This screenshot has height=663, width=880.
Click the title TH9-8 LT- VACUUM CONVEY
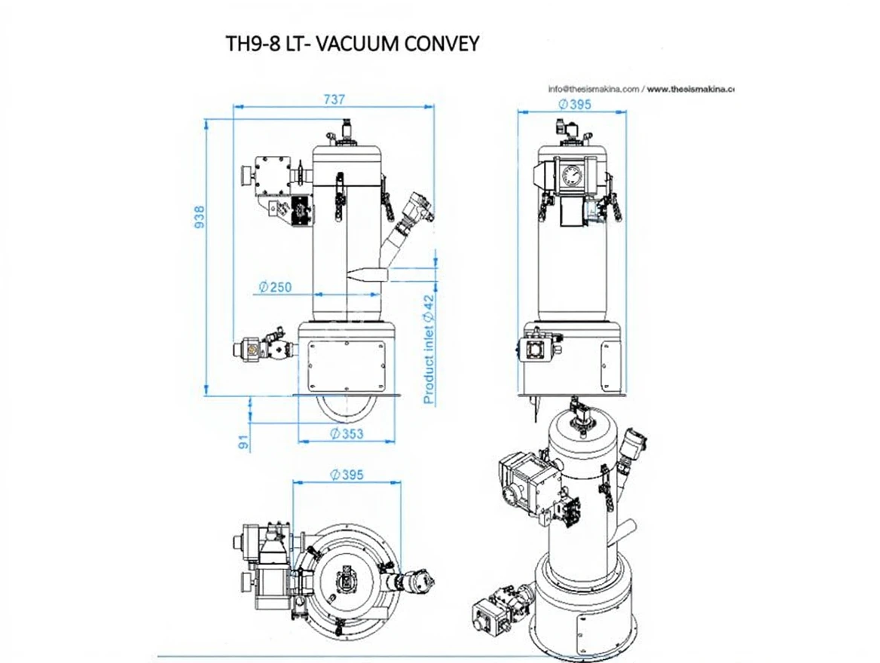pos(353,44)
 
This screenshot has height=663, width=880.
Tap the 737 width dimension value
pos(334,99)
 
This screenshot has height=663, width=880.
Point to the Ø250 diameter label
pos(274,287)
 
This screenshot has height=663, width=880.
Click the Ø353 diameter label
pos(347,433)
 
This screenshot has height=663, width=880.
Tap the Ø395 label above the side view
pos(574,105)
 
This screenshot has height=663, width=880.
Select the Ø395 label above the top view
pos(347,475)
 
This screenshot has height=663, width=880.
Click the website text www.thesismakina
pos(689,89)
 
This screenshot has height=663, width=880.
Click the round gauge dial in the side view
pos(572,178)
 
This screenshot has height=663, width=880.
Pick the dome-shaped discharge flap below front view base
pos(344,408)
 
